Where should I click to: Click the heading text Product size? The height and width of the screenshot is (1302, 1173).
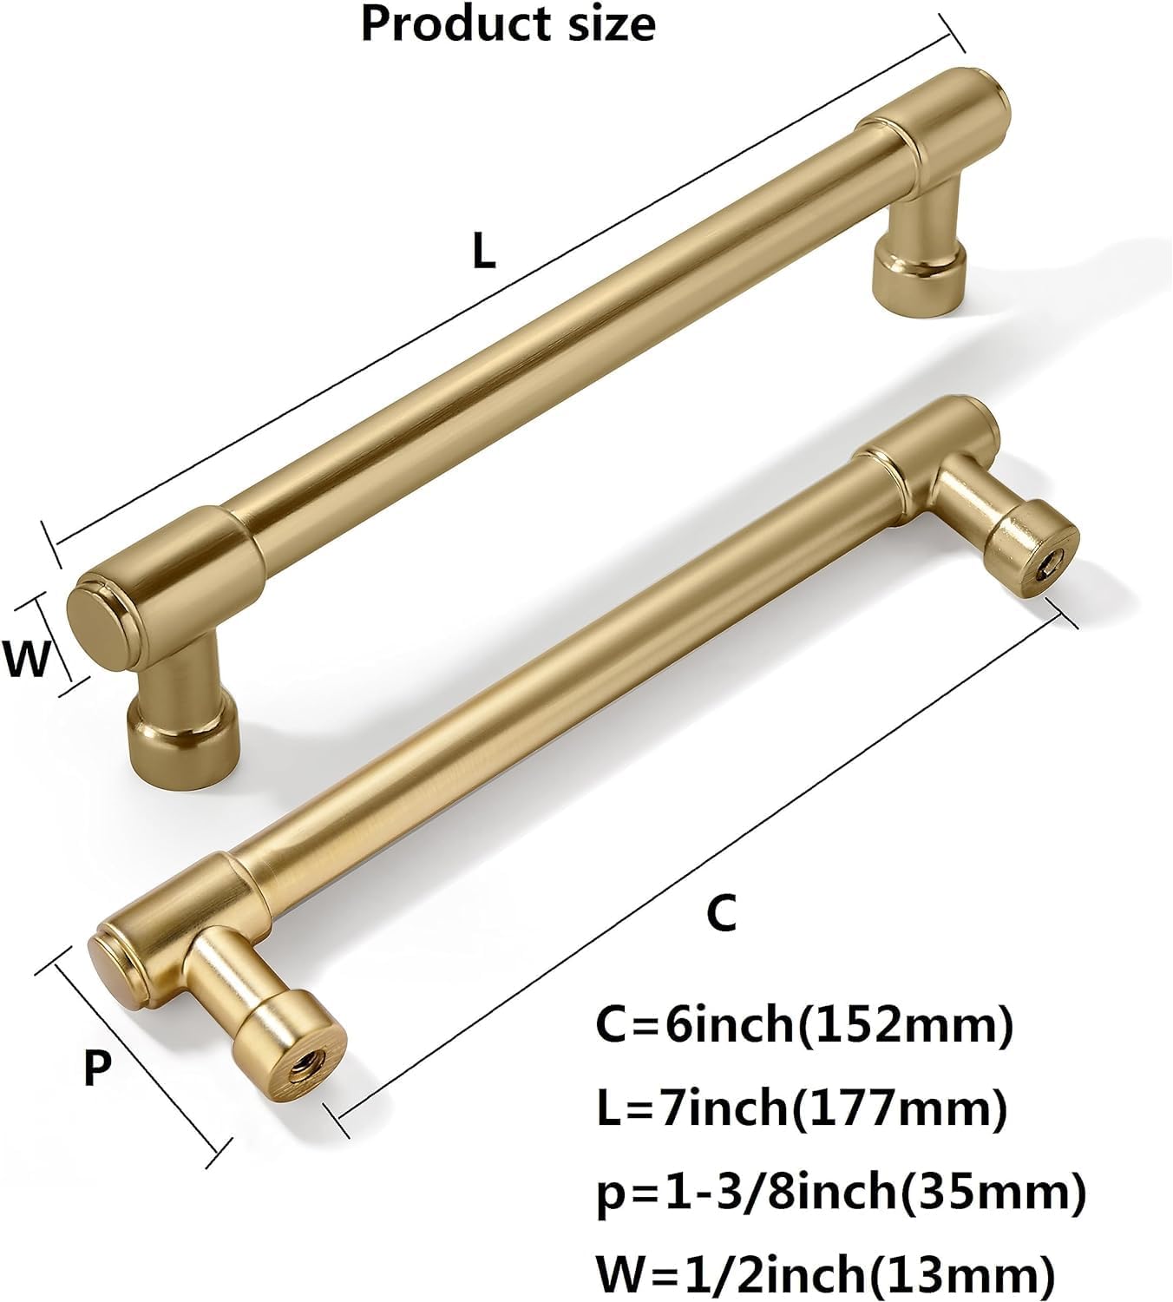tap(508, 24)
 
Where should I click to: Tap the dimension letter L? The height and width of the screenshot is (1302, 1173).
tap(483, 252)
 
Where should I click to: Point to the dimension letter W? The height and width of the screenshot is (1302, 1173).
tap(26, 660)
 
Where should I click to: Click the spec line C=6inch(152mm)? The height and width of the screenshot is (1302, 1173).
tap(803, 1026)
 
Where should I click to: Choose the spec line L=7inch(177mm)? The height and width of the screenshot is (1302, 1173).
tap(801, 1108)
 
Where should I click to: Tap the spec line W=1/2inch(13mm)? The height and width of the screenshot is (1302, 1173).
tap(825, 1274)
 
